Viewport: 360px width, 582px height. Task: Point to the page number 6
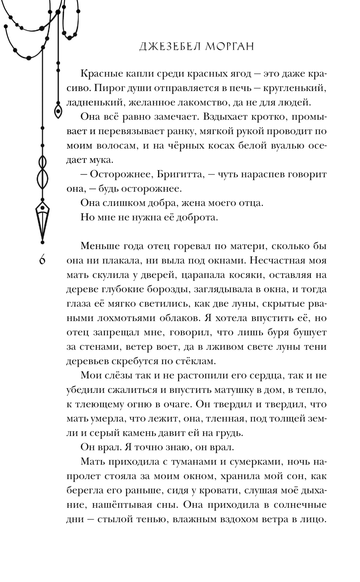[x=42, y=259]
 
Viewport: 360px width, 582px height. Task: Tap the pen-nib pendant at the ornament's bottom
[x=42, y=220]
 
